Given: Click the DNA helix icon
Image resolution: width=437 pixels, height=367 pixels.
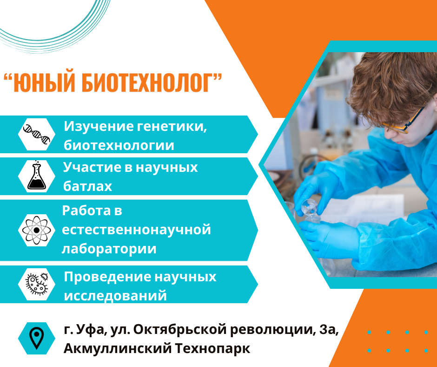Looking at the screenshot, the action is pos(37,134).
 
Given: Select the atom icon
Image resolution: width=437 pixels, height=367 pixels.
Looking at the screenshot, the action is pos(37,230).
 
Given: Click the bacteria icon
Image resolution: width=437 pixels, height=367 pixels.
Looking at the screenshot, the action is pos(37,284).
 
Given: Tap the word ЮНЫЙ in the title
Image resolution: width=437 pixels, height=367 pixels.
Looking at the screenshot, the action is pos(44,83).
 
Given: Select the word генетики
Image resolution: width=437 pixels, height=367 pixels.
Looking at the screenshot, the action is pos(172,126).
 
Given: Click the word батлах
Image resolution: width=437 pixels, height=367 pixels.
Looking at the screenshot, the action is pos(87,186).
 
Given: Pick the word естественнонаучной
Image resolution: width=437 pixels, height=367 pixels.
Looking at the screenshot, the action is pos(136,230).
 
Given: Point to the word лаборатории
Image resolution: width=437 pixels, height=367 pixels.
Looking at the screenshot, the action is pos(109,249).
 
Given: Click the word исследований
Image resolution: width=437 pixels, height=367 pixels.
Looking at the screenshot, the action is pos(115,295).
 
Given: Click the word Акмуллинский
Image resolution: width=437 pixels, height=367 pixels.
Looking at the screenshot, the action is pos(117,348).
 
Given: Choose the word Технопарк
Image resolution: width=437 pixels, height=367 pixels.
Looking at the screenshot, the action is pos(212,348).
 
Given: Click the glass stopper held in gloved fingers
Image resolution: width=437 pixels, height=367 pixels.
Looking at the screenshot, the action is pos(309,207).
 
